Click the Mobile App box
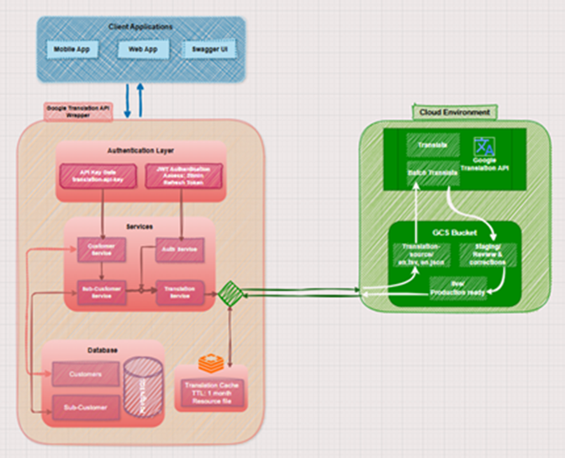(x=72, y=50)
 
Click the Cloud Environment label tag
(x=444, y=112)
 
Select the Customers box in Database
(x=86, y=373)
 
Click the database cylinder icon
(x=142, y=386)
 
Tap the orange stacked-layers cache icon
(x=209, y=364)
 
